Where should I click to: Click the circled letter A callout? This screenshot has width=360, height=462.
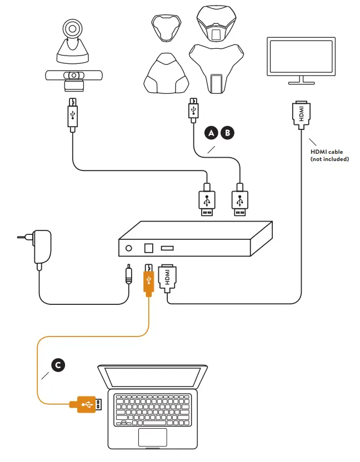[x=211, y=133]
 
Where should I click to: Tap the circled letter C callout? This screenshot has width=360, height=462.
[x=56, y=365]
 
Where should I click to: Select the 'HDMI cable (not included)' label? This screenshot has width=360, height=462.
[x=329, y=155]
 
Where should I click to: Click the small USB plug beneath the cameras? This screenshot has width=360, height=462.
[x=72, y=114]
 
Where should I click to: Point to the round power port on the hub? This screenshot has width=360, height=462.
[x=129, y=248]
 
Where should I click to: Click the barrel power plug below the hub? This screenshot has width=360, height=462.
[x=129, y=275]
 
